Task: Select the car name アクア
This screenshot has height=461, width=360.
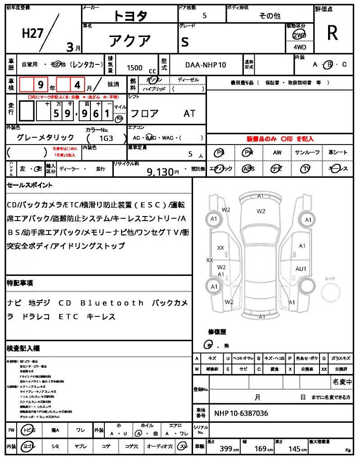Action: pos(130,41)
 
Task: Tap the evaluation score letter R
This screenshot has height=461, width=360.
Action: pos(333,33)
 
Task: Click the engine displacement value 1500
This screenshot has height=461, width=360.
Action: pos(135,68)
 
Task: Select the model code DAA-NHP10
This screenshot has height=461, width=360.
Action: pos(206,65)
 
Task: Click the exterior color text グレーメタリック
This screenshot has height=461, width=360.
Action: pos(45,138)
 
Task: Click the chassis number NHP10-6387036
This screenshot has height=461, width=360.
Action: pos(241,413)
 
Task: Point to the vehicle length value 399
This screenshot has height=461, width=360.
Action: pos(226,448)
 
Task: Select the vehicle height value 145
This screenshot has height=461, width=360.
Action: pos(295,448)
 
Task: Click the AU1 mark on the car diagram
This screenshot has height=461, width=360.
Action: pos(301,269)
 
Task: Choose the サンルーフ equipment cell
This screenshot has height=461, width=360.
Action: pos(307,153)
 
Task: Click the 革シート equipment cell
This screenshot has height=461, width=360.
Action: pos(337,153)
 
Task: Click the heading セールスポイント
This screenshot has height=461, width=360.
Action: pos(29,185)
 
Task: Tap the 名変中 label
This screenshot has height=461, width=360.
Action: pos(342,382)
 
